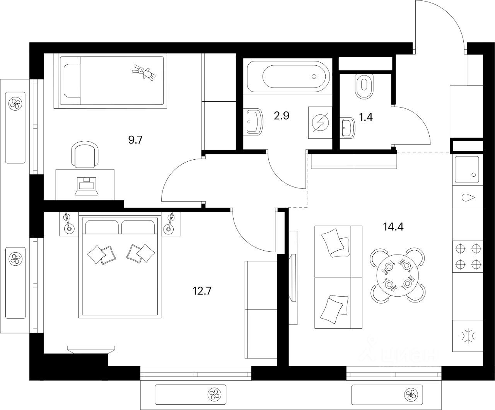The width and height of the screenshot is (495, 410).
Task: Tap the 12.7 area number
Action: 203,290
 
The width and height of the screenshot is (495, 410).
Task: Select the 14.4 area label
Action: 393,227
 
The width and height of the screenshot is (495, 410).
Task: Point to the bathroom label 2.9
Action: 282,116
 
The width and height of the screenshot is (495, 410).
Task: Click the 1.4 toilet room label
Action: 366,117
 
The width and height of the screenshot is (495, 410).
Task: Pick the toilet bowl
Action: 364,86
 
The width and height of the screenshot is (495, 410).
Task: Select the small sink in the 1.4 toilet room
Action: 348,128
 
